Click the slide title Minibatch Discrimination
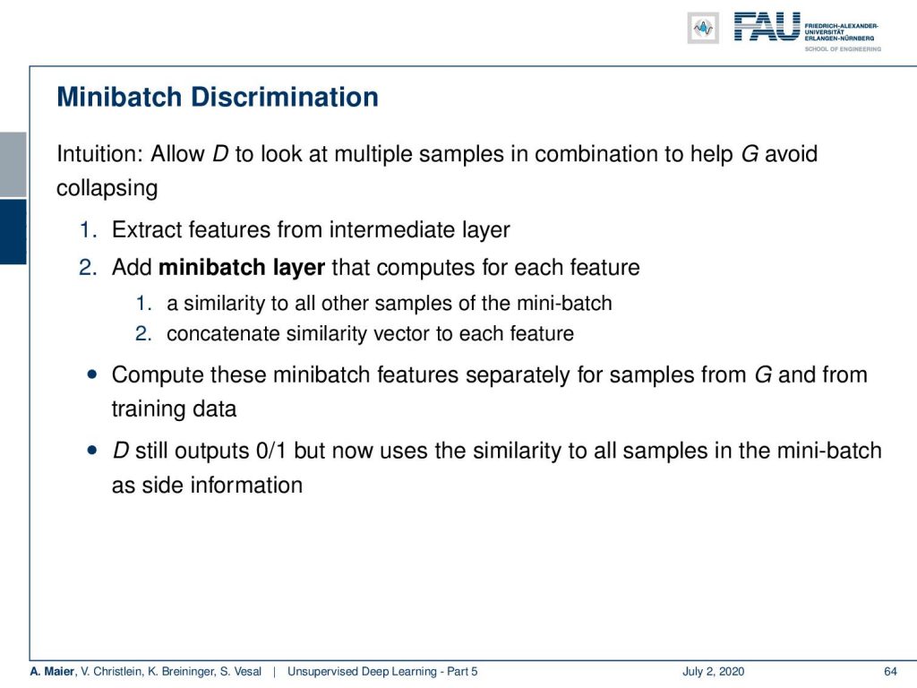(x=218, y=97)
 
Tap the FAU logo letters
(x=767, y=27)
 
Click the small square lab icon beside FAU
(x=703, y=28)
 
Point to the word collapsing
(x=107, y=188)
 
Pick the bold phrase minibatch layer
(x=242, y=267)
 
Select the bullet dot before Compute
(x=92, y=374)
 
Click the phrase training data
(x=175, y=408)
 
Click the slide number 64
(x=890, y=671)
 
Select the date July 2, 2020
(x=713, y=671)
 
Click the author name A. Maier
(x=53, y=671)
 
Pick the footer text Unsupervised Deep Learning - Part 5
(x=382, y=671)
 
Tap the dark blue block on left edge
(x=13, y=232)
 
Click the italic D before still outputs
(x=121, y=451)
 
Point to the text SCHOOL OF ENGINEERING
(x=843, y=49)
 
